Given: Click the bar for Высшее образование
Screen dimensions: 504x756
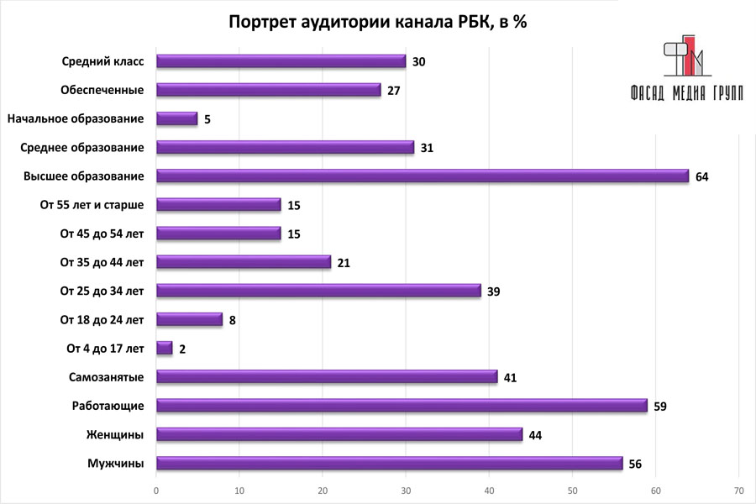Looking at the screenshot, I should tap(423, 176).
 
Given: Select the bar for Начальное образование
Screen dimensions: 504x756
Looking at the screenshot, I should tap(177, 118).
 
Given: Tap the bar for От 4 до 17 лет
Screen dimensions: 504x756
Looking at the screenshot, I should tap(165, 348).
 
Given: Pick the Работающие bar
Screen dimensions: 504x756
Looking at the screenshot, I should tap(402, 406).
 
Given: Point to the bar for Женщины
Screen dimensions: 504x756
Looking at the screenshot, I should tap(339, 434).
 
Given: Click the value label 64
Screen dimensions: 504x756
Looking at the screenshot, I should tap(702, 176).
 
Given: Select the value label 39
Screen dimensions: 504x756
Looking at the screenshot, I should tap(496, 291).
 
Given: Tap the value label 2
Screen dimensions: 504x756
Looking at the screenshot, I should tap(182, 349).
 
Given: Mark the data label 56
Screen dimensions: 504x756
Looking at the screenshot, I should tap(637, 464).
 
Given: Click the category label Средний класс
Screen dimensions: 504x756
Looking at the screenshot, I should tap(103, 61).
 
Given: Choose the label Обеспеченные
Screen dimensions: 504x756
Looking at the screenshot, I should tap(102, 90).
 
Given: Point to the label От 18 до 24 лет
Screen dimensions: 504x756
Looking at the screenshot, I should tap(102, 319).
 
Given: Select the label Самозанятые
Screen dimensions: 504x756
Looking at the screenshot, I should tap(106, 377).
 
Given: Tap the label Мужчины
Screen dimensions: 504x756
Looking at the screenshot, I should tap(116, 464).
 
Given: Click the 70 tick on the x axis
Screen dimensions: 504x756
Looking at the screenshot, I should tap(738, 489).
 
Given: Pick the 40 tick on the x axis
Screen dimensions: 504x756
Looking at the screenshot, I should tap(489, 489).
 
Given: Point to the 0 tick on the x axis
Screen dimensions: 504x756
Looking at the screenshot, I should tap(156, 489).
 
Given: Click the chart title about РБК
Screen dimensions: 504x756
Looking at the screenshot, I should tap(377, 22).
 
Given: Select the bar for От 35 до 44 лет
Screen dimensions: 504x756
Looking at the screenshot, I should tap(244, 262).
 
